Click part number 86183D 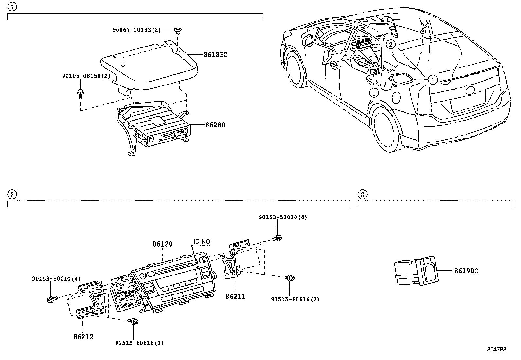(x=215, y=55)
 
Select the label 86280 (x=215, y=125)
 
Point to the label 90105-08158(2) (x=86, y=76)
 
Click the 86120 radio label (x=162, y=244)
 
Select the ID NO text (x=202, y=242)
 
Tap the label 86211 (x=235, y=296)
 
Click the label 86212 (x=83, y=337)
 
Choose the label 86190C (x=466, y=271)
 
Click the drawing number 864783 (x=496, y=349)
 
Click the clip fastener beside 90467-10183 (x=178, y=30)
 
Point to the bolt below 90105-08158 (x=80, y=93)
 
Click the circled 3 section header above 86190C (x=362, y=195)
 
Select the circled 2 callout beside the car (x=390, y=44)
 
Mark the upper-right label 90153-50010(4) (x=283, y=217)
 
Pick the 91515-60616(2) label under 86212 (x=139, y=343)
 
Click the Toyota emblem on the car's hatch (x=470, y=91)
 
